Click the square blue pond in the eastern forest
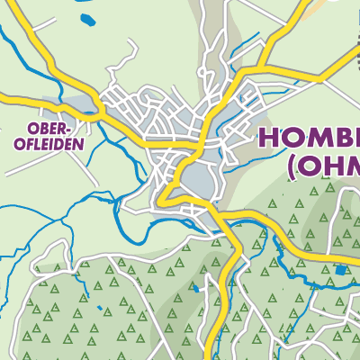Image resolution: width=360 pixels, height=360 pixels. (x=339, y=269)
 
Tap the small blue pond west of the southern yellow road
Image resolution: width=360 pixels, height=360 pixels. (x=194, y=291)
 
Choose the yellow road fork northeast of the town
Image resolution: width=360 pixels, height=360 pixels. (x=263, y=66)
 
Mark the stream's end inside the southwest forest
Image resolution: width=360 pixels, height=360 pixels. (x=88, y=297)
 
